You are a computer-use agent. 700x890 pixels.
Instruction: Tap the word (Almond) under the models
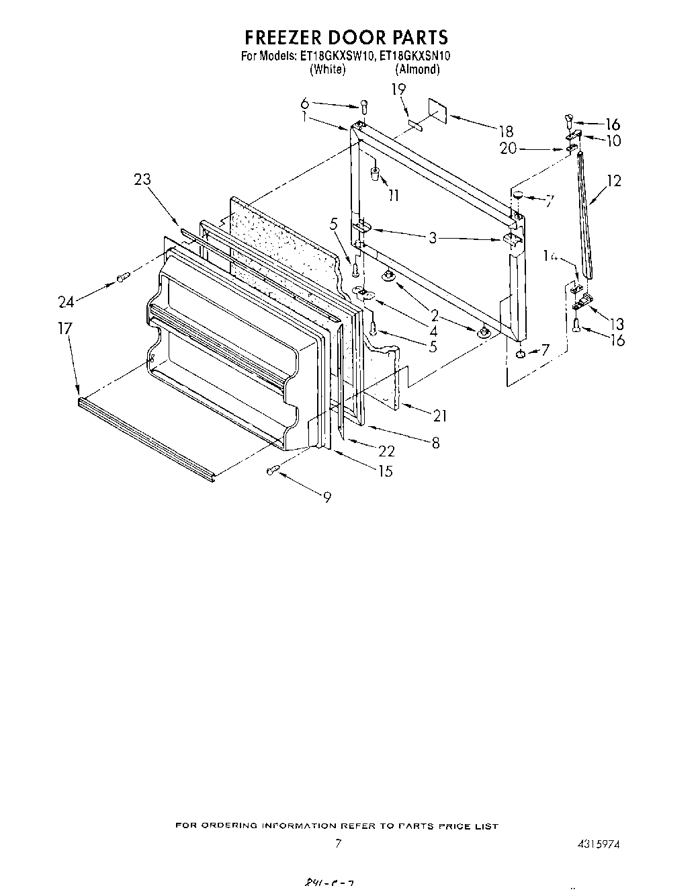[417, 69]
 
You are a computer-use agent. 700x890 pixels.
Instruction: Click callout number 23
[142, 179]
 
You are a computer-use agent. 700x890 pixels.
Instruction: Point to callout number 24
[65, 302]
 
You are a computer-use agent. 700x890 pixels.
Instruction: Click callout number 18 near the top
[505, 132]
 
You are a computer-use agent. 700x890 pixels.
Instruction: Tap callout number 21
[439, 417]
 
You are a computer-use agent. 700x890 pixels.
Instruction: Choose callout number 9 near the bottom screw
[326, 497]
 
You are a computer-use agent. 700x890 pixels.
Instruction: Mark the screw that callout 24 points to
[122, 277]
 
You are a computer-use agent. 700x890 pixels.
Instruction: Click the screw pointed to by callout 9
[273, 471]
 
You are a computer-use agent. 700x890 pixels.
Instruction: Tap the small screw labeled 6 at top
[363, 106]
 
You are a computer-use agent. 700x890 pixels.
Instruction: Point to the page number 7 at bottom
[339, 844]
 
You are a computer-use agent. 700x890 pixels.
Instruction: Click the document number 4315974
[597, 844]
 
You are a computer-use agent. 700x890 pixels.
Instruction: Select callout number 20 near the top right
[508, 149]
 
